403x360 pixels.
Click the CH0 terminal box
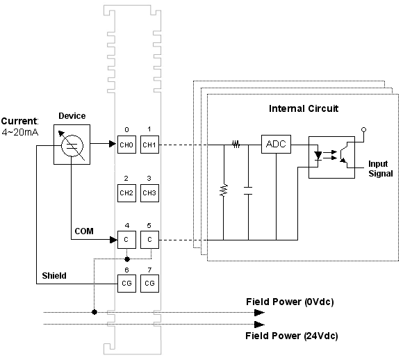point(126,145)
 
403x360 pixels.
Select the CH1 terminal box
point(149,145)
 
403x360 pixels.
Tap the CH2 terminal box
point(126,193)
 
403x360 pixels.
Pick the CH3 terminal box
point(149,193)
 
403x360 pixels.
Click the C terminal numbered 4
point(126,240)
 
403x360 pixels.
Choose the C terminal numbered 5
point(149,240)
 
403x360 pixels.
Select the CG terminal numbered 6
point(126,284)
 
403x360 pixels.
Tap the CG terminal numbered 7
point(149,284)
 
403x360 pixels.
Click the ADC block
point(276,144)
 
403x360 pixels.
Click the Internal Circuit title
point(304,108)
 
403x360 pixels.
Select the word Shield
point(54,276)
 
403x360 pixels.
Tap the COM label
point(84,231)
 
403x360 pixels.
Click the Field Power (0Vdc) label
point(290,302)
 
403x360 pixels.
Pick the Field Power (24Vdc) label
point(292,336)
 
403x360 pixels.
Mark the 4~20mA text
point(20,133)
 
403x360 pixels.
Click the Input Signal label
point(381,169)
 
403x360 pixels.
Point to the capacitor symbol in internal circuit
point(248,191)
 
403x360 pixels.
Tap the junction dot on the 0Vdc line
point(94,312)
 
